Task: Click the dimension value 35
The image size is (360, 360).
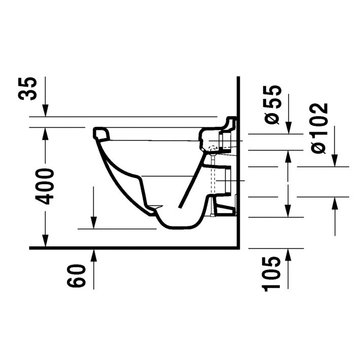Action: coord(30,89)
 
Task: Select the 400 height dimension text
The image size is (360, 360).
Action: coord(45,186)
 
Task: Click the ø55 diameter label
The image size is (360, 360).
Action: coord(272,104)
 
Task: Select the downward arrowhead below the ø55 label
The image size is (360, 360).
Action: coord(288,129)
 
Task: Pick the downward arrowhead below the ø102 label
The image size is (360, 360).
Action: coord(335,161)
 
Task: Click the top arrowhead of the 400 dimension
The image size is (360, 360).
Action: coord(45,133)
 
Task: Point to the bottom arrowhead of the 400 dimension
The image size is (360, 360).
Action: coord(45,242)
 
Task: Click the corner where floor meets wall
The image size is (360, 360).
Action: coord(238,248)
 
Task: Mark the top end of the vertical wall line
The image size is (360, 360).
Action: coord(238,78)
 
